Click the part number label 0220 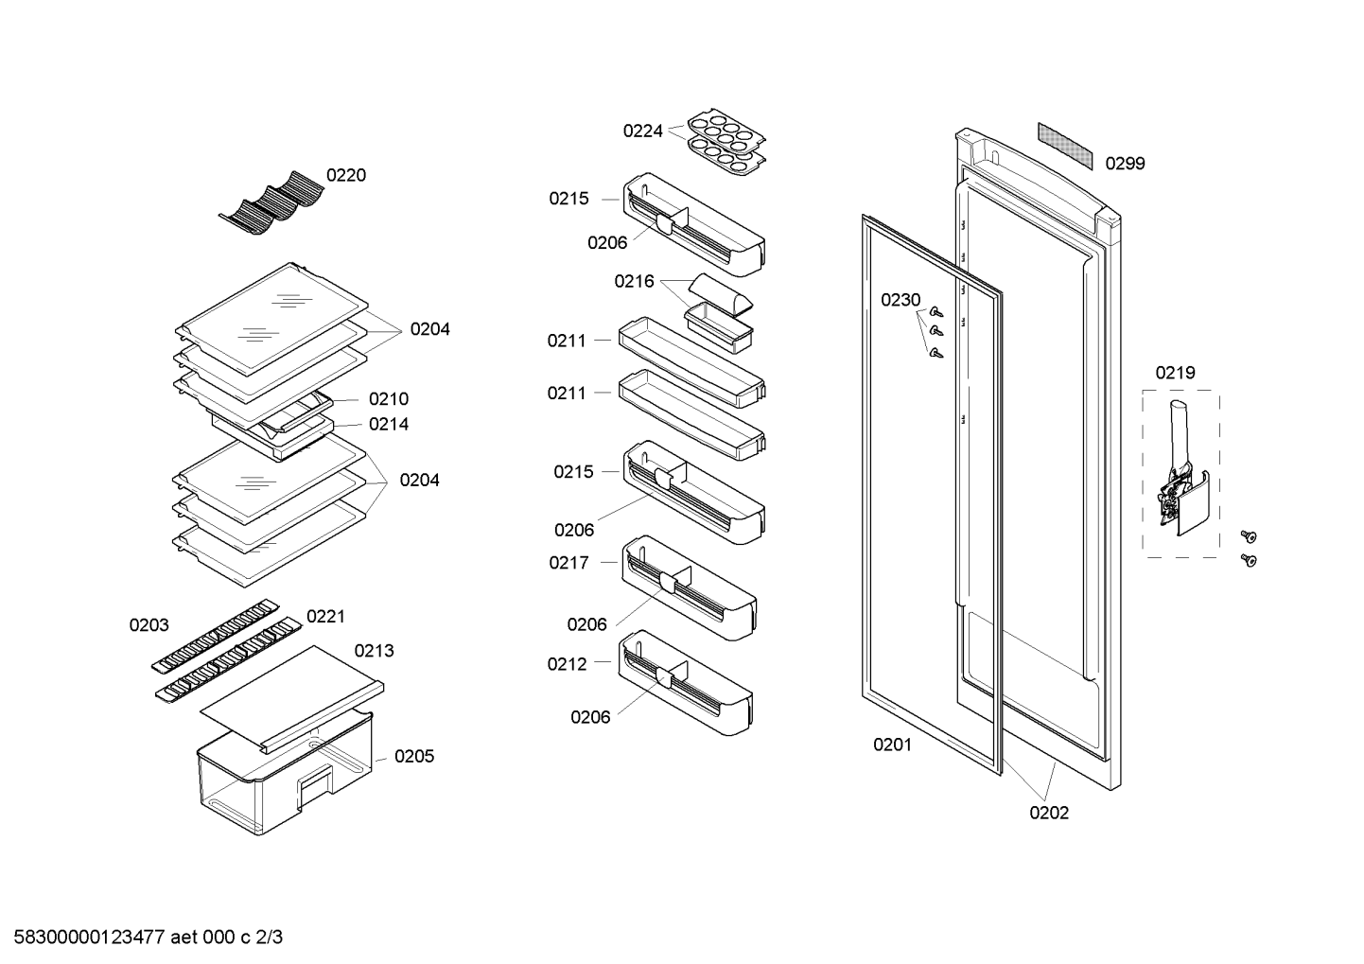point(346,175)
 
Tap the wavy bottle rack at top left point(271,202)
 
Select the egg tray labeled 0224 point(726,143)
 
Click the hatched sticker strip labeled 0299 point(1065,147)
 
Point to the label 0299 point(1125,164)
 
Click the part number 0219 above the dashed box point(1175,373)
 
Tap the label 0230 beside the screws point(901,300)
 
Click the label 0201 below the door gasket point(892,745)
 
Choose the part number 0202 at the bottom point(1049,813)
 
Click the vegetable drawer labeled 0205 point(285,773)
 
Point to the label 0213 point(374,651)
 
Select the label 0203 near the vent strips point(149,625)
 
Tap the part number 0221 point(325,617)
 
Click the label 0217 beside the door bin point(568,563)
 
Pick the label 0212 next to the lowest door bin point(567,664)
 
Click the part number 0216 point(634,281)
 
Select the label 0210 point(389,399)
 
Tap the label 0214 point(389,425)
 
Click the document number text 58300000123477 point(90,938)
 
